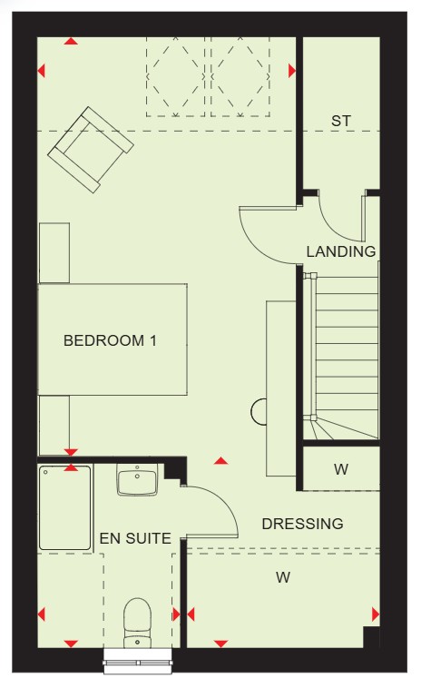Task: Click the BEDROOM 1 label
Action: pyautogui.click(x=110, y=340)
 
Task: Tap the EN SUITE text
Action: pyautogui.click(x=135, y=538)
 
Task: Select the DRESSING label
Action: pyautogui.click(x=302, y=524)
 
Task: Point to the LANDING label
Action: pyautogui.click(x=341, y=251)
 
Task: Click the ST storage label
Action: pyautogui.click(x=341, y=121)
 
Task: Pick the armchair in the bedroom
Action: pyautogui.click(x=91, y=150)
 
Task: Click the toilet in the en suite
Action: pyautogui.click(x=137, y=623)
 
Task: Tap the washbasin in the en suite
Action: pyautogui.click(x=137, y=480)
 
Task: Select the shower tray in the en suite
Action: pyautogui.click(x=64, y=507)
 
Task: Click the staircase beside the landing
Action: pyautogui.click(x=341, y=357)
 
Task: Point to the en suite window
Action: pyautogui.click(x=138, y=661)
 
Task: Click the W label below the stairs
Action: pyautogui.click(x=341, y=469)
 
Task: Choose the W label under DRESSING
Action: pyautogui.click(x=283, y=577)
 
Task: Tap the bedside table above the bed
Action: pyautogui.click(x=54, y=253)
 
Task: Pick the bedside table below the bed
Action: pyautogui.click(x=54, y=425)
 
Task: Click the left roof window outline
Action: pyautogui.click(x=175, y=77)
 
